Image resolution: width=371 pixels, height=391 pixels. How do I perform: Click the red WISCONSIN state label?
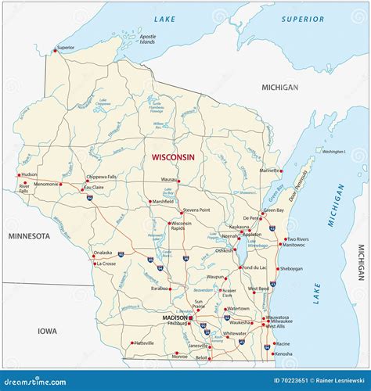click(173, 157)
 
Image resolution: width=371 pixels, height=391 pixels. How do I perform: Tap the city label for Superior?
click(66, 48)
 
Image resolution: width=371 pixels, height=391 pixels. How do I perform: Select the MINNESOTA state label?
click(29, 235)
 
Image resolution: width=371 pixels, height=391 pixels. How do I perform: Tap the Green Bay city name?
click(274, 210)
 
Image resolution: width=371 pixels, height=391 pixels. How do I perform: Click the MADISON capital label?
click(174, 318)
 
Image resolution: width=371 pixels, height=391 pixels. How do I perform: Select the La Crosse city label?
click(106, 264)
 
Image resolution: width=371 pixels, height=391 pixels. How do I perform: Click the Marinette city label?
click(271, 170)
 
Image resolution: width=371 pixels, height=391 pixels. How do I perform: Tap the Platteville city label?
click(144, 343)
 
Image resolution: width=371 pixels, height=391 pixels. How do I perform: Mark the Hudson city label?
click(29, 174)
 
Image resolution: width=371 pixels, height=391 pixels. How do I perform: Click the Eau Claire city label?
click(94, 188)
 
